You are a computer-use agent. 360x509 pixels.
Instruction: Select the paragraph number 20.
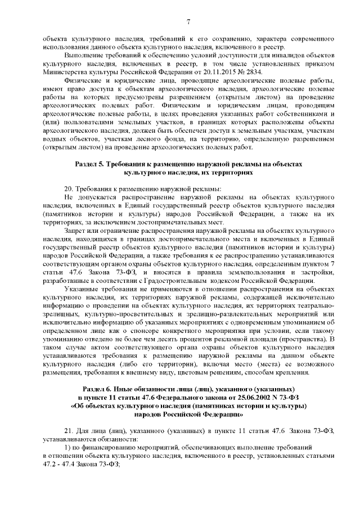pyautogui.click(x=69, y=187)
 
